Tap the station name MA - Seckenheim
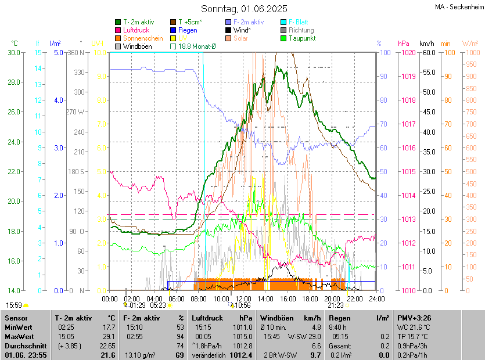458,7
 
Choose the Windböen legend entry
135,46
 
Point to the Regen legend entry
187,30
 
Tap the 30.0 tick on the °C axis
13,52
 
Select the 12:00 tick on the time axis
243,299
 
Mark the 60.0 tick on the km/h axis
429,52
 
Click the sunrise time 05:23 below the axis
158,305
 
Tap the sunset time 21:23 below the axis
335,305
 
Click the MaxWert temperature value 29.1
109,336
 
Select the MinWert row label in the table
19,327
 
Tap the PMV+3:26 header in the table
413,318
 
